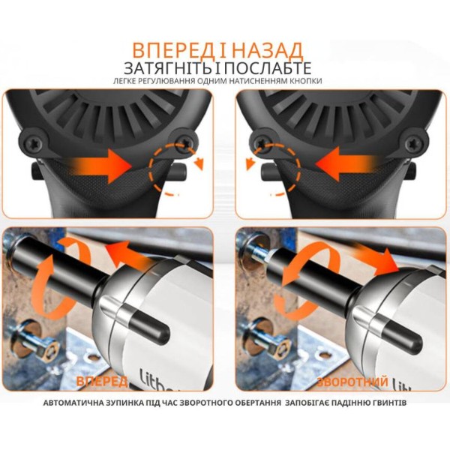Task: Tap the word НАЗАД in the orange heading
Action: click(x=267, y=50)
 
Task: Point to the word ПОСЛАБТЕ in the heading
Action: click(x=268, y=68)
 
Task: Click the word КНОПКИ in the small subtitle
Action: click(x=306, y=81)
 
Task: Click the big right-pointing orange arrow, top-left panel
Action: click(x=100, y=166)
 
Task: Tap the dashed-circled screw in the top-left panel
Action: click(x=185, y=142)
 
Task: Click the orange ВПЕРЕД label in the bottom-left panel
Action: click(x=102, y=381)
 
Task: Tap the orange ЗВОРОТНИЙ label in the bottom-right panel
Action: click(x=352, y=382)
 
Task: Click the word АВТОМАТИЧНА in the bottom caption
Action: click(x=76, y=403)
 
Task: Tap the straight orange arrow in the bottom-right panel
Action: click(x=376, y=256)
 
